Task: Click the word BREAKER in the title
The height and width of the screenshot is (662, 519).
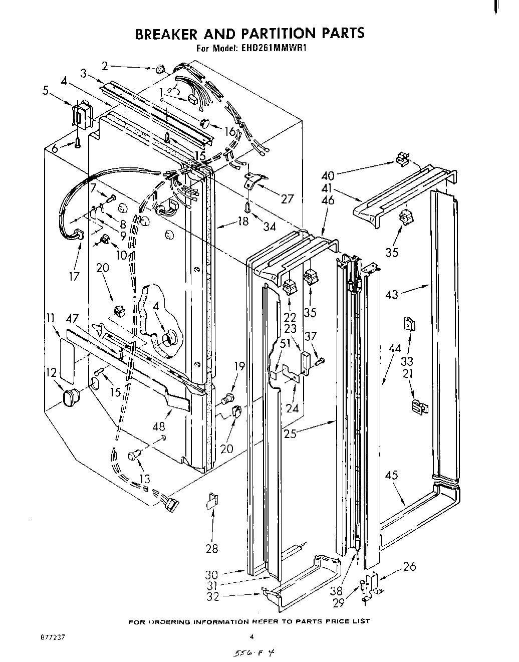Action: click(167, 34)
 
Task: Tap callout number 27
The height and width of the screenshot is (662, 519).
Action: click(287, 199)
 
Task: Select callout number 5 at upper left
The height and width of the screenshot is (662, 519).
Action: click(60, 91)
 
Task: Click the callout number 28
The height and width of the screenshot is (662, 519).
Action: click(211, 549)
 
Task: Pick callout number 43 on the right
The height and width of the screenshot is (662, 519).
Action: click(392, 294)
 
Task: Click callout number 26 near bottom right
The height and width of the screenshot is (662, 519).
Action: click(409, 567)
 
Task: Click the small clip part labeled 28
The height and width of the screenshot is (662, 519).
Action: click(212, 501)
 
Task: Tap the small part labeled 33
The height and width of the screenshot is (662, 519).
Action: click(409, 324)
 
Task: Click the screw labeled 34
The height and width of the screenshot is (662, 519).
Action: click(247, 205)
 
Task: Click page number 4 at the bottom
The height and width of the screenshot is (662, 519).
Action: click(253, 637)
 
